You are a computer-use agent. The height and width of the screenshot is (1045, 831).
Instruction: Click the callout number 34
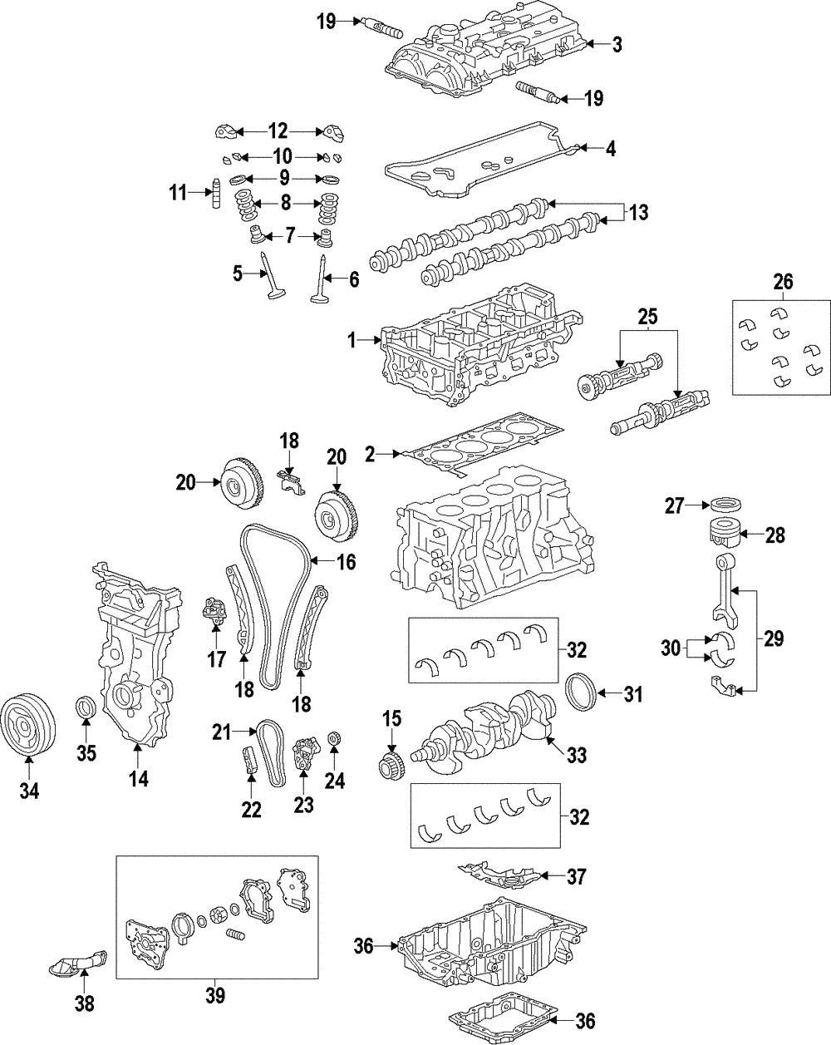point(29,791)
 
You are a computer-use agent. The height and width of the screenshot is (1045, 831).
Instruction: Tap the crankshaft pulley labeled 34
point(27,726)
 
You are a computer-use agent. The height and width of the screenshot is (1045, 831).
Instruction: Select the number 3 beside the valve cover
point(617,45)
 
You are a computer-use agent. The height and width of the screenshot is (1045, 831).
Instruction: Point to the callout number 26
point(782,283)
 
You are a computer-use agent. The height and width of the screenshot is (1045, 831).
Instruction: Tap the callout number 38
point(84,1004)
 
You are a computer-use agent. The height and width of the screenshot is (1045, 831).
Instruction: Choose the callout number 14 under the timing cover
point(138,779)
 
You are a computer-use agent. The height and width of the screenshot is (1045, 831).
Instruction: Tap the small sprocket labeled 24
point(334,737)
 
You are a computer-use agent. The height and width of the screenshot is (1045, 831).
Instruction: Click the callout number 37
point(576,875)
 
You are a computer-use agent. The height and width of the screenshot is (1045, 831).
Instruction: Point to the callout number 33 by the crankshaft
point(576,755)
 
